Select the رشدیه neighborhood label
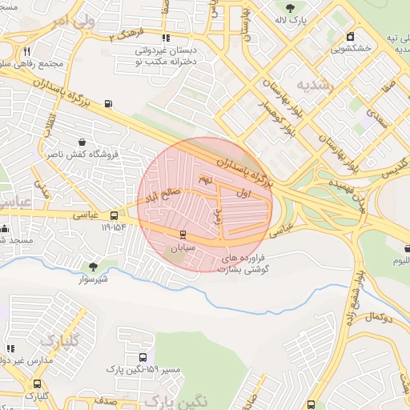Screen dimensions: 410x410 pos(312,84)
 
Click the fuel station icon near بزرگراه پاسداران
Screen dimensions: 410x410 pos(108,102)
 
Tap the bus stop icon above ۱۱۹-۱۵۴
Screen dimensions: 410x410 pos(114,215)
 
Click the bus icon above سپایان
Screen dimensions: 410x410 pos(183,235)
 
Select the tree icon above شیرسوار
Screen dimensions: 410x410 pos(94,266)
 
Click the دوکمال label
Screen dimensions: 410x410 pos(376,318)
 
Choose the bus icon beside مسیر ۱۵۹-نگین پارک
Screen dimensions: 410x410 pos(143,358)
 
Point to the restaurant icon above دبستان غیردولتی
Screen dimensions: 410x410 pos(166,38)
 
